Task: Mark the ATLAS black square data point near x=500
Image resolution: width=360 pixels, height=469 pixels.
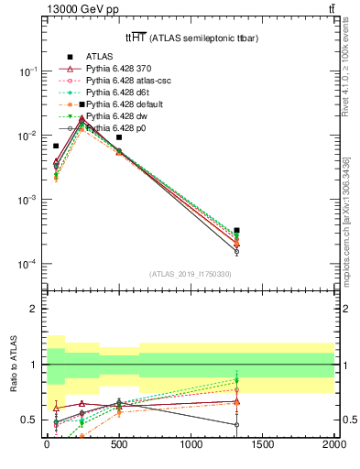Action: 119,137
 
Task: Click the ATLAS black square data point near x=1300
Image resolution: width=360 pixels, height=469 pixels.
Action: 237,231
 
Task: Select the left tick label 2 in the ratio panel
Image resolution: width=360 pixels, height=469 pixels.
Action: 34,309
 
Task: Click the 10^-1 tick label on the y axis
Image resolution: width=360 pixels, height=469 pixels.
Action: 27,71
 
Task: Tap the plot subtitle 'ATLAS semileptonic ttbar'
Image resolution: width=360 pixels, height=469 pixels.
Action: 188,38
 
